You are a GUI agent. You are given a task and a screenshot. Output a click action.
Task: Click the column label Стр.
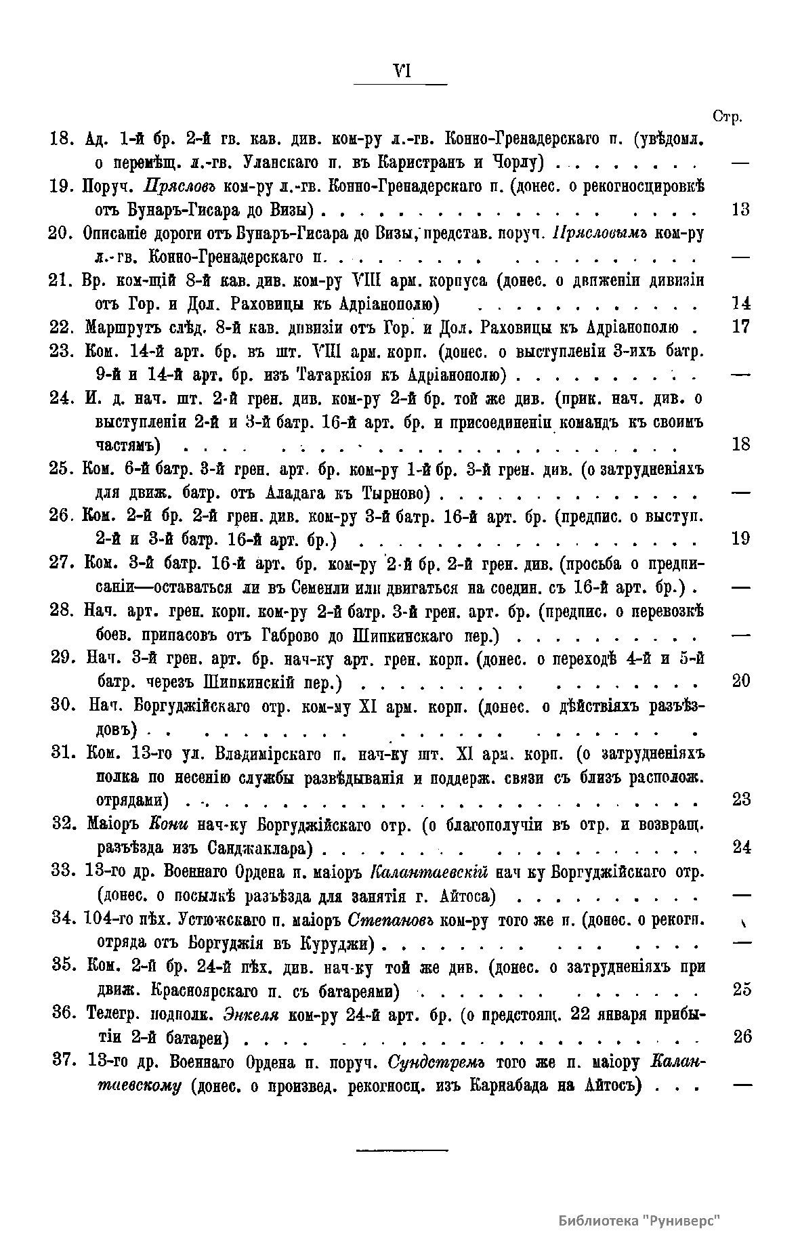pyautogui.click(x=728, y=117)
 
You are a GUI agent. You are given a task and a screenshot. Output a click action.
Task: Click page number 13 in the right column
pyautogui.click(x=741, y=209)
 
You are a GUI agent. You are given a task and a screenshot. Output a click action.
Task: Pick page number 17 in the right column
pyautogui.click(x=741, y=327)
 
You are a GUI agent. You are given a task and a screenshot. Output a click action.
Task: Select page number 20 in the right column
pyautogui.click(x=741, y=681)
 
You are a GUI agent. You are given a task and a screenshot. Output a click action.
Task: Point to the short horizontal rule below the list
pyautogui.click(x=402, y=1150)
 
